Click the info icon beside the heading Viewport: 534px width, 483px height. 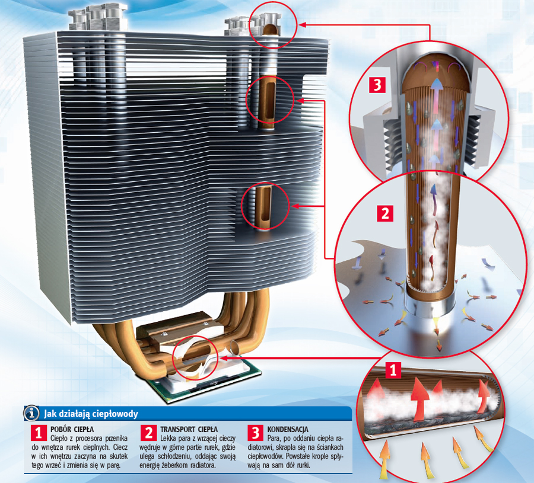point(31,413)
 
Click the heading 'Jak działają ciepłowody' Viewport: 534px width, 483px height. point(91,414)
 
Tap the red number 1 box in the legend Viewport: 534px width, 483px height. point(38,433)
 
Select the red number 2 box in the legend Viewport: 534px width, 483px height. point(148,433)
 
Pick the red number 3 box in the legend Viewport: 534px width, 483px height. point(255,433)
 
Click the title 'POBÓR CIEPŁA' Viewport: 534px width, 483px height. point(72,429)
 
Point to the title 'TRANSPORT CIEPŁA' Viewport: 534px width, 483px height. point(189,429)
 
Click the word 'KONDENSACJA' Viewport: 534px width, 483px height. point(287,429)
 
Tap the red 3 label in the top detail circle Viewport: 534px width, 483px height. point(377,85)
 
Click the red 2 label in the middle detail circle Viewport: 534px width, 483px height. point(385,213)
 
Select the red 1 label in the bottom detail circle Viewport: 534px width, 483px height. point(393,369)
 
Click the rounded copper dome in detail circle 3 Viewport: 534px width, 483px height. point(436,72)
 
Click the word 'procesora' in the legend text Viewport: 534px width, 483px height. point(91,438)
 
